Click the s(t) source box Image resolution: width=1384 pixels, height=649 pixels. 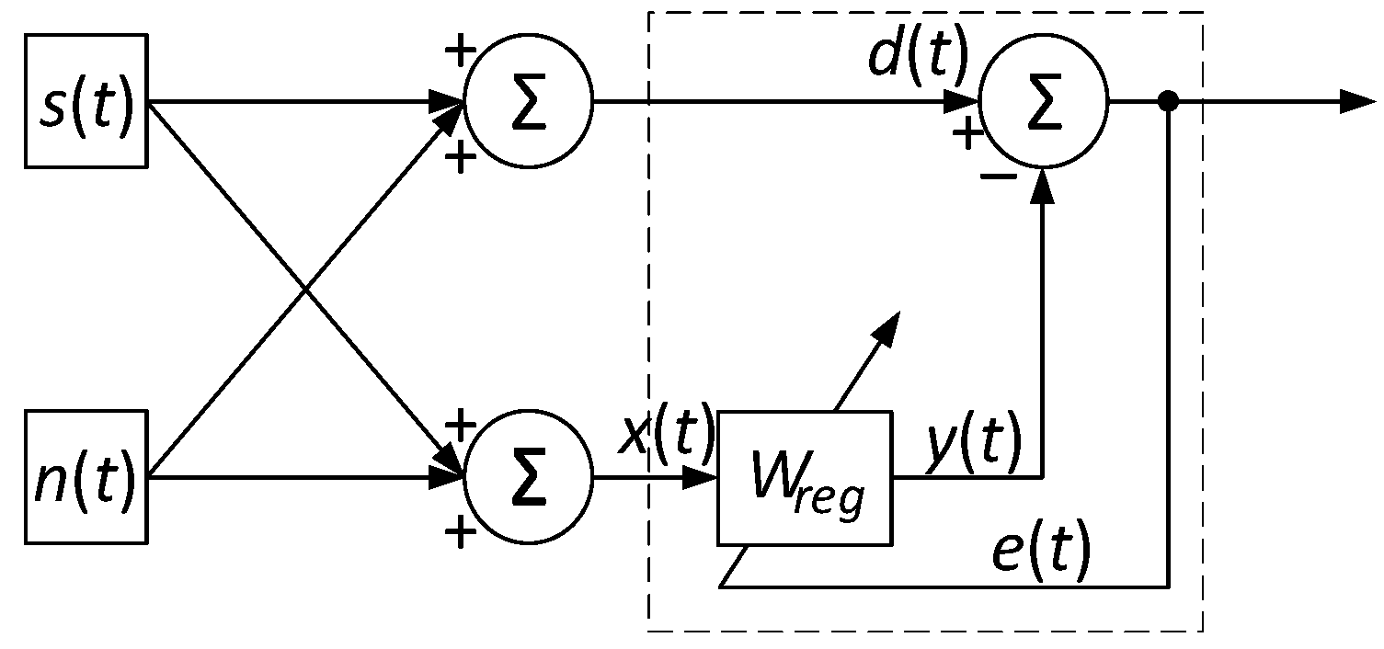[86, 100]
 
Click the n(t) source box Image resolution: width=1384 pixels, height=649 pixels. [86, 477]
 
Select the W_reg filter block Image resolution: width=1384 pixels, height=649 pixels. [805, 477]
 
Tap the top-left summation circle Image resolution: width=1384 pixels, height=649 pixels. [529, 100]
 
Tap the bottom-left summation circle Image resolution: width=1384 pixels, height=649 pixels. [529, 477]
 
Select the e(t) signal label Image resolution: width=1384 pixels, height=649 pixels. [1041, 552]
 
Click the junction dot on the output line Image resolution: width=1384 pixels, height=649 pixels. [1168, 100]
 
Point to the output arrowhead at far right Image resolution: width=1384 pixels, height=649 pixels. [1356, 100]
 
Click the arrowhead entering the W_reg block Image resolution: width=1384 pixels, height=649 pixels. [703, 477]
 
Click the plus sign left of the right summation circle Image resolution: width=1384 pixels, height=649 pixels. [967, 134]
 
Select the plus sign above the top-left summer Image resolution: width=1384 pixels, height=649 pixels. [459, 50]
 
